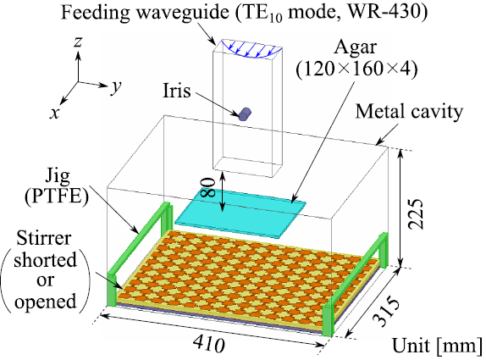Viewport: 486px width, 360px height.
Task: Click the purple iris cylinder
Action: pos(245,114)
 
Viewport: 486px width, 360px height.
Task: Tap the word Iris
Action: pos(177,91)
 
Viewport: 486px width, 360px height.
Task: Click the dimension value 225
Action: pos(415,213)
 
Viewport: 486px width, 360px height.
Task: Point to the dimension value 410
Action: pos(208,345)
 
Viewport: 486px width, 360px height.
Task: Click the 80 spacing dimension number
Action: pos(208,187)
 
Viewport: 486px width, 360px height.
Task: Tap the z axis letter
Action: pos(78,42)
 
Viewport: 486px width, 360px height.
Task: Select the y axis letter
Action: pos(116,86)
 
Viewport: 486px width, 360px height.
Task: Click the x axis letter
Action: pos(54,114)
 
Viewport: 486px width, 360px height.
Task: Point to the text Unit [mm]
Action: pos(437,346)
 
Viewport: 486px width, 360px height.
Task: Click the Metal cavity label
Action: pos(409,112)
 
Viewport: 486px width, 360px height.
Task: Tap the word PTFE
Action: pos(57,196)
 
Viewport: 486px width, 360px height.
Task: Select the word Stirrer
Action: pos(44,239)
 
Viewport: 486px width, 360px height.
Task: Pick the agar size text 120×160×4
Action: pos(356,69)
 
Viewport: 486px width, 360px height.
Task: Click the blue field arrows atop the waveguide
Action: pos(251,49)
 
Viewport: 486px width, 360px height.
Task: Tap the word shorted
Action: pos(45,259)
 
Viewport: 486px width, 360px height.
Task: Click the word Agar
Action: pos(356,48)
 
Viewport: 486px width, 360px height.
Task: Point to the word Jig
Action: pos(57,177)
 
